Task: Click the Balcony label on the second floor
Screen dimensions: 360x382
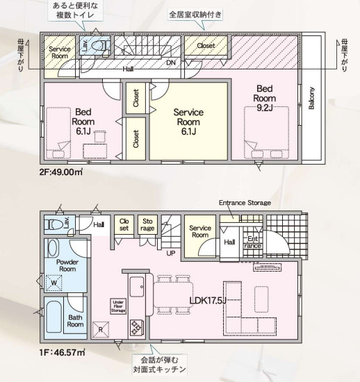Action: [311, 98]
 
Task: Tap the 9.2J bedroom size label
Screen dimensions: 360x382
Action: [265, 108]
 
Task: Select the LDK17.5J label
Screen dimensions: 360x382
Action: [208, 301]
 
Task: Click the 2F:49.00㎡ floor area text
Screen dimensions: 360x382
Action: [61, 172]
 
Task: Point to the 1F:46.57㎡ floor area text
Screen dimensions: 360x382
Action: [62, 352]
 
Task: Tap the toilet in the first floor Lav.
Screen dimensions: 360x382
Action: [54, 224]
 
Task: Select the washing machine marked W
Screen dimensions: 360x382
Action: [54, 283]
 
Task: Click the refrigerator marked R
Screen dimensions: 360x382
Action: [100, 330]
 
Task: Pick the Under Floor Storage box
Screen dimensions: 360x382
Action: [118, 306]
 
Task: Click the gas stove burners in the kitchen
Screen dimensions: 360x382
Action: [137, 327]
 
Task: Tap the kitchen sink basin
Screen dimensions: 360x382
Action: [137, 287]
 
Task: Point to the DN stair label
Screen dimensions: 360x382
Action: [171, 63]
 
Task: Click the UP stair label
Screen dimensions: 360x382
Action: [170, 254]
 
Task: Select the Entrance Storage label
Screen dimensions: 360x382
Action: [245, 203]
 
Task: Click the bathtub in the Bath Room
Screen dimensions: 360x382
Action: [54, 317]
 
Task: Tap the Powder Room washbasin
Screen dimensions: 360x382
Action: [54, 248]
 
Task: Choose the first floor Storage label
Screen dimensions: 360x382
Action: [147, 224]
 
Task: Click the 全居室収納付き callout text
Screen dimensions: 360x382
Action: [195, 15]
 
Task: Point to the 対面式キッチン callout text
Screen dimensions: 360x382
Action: [160, 369]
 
